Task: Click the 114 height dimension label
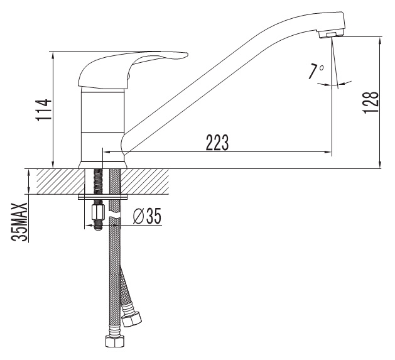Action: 44,110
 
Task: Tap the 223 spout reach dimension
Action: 217,143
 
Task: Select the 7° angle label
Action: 317,72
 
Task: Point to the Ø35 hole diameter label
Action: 147,216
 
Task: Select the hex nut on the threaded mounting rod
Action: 98,212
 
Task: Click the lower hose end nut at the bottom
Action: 115,342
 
